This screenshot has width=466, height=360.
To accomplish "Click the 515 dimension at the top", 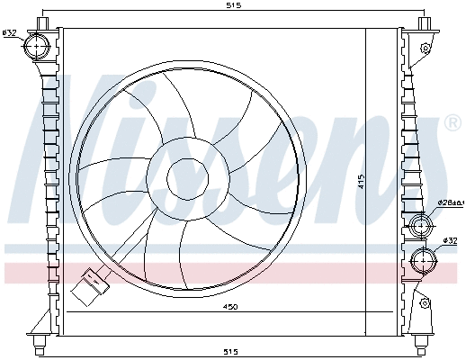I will point(233,5).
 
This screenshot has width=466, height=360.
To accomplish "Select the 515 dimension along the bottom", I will point(233,351).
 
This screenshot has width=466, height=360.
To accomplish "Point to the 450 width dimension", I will point(230,309).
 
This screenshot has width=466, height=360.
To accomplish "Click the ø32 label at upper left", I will point(10,33).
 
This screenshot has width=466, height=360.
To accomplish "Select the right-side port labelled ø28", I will point(421,226).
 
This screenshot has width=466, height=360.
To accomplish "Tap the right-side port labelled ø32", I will point(422,261).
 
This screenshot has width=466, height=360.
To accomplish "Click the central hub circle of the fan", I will point(187,177).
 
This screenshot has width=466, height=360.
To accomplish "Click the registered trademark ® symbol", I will point(452,122).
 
